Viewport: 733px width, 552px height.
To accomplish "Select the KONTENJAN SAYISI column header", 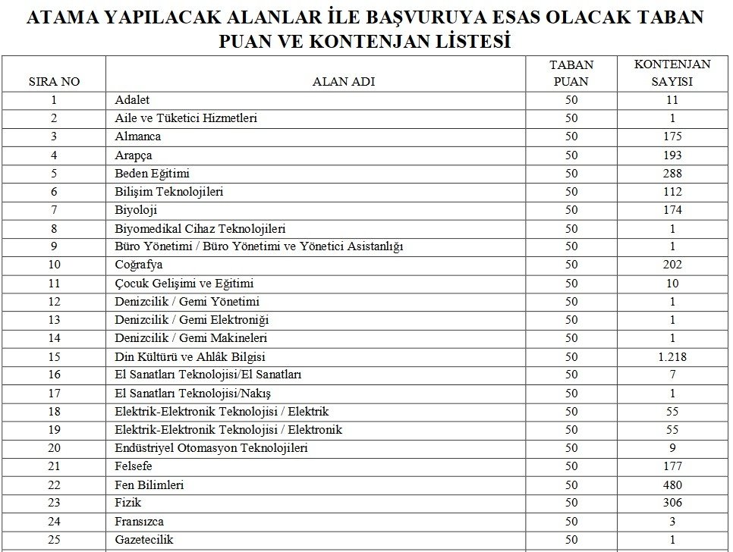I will pyautogui.click(x=672, y=74).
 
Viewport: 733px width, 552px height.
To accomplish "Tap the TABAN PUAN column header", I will pyautogui.click(x=571, y=74).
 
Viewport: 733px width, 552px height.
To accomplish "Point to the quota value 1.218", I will pyautogui.click(x=672, y=356).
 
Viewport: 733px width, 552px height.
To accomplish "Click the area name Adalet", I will pyautogui.click(x=132, y=100).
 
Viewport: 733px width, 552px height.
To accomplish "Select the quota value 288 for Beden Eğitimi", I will pyautogui.click(x=672, y=174).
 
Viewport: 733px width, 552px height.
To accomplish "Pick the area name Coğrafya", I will pyautogui.click(x=138, y=265).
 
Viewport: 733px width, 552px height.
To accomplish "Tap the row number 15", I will pyautogui.click(x=54, y=356).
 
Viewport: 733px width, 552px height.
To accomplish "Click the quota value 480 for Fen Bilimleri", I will pyautogui.click(x=672, y=485).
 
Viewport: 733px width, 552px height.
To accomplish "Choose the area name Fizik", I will pyautogui.click(x=127, y=503).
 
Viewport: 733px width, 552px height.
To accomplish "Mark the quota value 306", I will pyautogui.click(x=672, y=503).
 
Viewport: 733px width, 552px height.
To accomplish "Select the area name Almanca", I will pyautogui.click(x=137, y=136).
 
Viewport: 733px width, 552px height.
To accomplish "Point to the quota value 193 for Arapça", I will pyautogui.click(x=672, y=155).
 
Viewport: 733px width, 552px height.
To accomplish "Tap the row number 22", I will pyautogui.click(x=54, y=485).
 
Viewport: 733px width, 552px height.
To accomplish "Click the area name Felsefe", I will pyautogui.click(x=134, y=466).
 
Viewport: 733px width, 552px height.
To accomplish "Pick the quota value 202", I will pyautogui.click(x=672, y=265).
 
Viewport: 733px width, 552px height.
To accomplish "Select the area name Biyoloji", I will pyautogui.click(x=136, y=210).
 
